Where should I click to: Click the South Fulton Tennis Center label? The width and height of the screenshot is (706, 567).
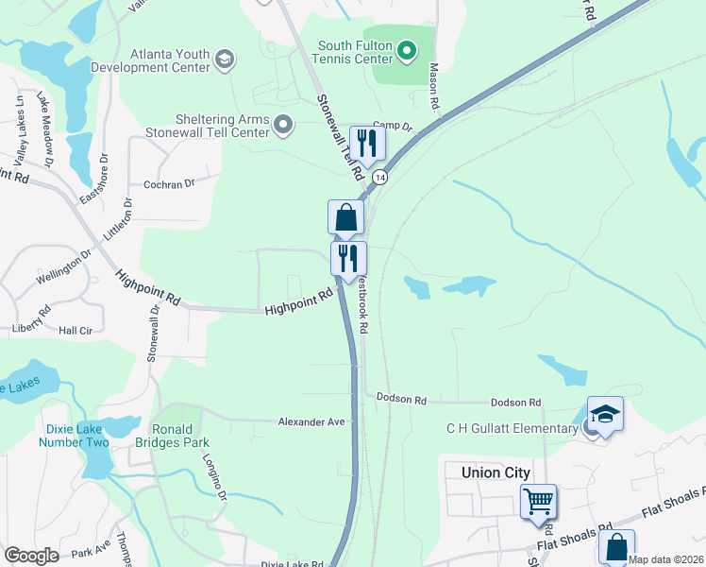click(354, 51)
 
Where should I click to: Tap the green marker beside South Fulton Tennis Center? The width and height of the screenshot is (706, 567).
click(407, 50)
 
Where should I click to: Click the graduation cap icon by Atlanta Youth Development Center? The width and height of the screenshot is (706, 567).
click(224, 60)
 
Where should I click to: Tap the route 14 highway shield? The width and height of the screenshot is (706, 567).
click(379, 178)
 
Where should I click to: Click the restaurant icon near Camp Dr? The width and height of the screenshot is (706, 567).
click(365, 144)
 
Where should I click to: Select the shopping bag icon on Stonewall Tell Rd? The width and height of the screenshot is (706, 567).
click(345, 217)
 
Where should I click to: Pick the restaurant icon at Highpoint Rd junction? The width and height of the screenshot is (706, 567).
click(348, 258)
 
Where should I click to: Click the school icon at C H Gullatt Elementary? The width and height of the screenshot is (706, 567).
click(605, 414)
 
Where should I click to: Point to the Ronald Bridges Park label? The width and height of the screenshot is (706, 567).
click(180, 435)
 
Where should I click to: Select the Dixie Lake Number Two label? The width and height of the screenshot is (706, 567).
click(77, 435)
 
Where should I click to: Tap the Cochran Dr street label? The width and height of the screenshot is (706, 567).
click(169, 183)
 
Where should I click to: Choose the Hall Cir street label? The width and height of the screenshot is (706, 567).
click(75, 331)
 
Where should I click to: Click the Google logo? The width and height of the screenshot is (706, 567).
click(31, 556)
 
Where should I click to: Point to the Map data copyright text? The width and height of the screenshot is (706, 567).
click(665, 559)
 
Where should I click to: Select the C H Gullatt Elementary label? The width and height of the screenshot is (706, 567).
click(513, 429)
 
